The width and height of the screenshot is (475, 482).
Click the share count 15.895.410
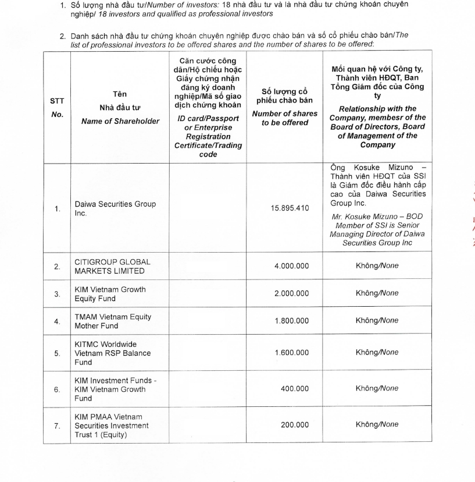[290, 208]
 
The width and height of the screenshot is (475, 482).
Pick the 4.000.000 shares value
[291, 266]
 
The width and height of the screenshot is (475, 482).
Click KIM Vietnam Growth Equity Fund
[110, 294]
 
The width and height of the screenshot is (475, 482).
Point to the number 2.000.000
[291, 293]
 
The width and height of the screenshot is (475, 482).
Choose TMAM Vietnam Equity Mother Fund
[112, 321]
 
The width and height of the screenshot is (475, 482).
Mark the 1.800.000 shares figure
[291, 321]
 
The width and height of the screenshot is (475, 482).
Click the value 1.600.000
[291, 352]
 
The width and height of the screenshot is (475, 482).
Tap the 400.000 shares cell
[295, 388]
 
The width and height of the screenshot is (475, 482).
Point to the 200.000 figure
[295, 425]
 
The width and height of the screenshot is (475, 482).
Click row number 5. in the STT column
[57, 352]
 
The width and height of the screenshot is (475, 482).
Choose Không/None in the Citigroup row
[377, 265]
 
